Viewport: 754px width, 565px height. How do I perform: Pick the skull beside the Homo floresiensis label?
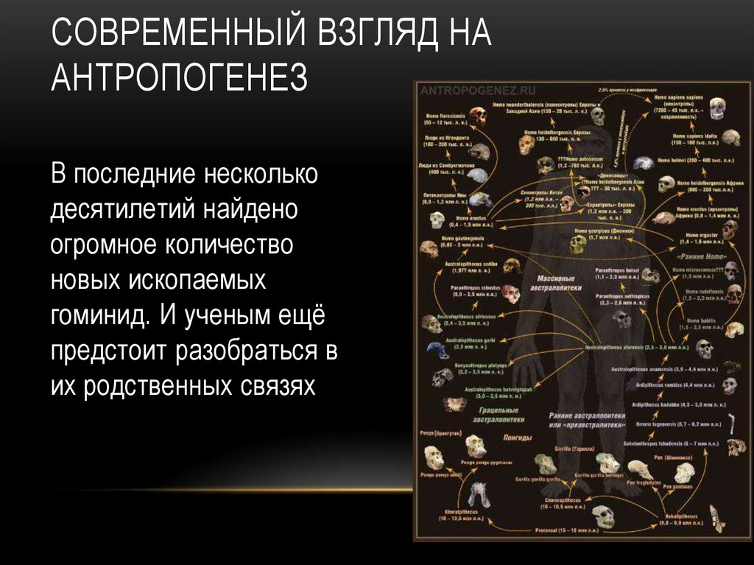pos(479,116)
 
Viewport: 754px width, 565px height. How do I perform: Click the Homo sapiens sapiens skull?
pos(716,110)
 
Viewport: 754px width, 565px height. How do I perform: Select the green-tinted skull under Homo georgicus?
pos(578,244)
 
